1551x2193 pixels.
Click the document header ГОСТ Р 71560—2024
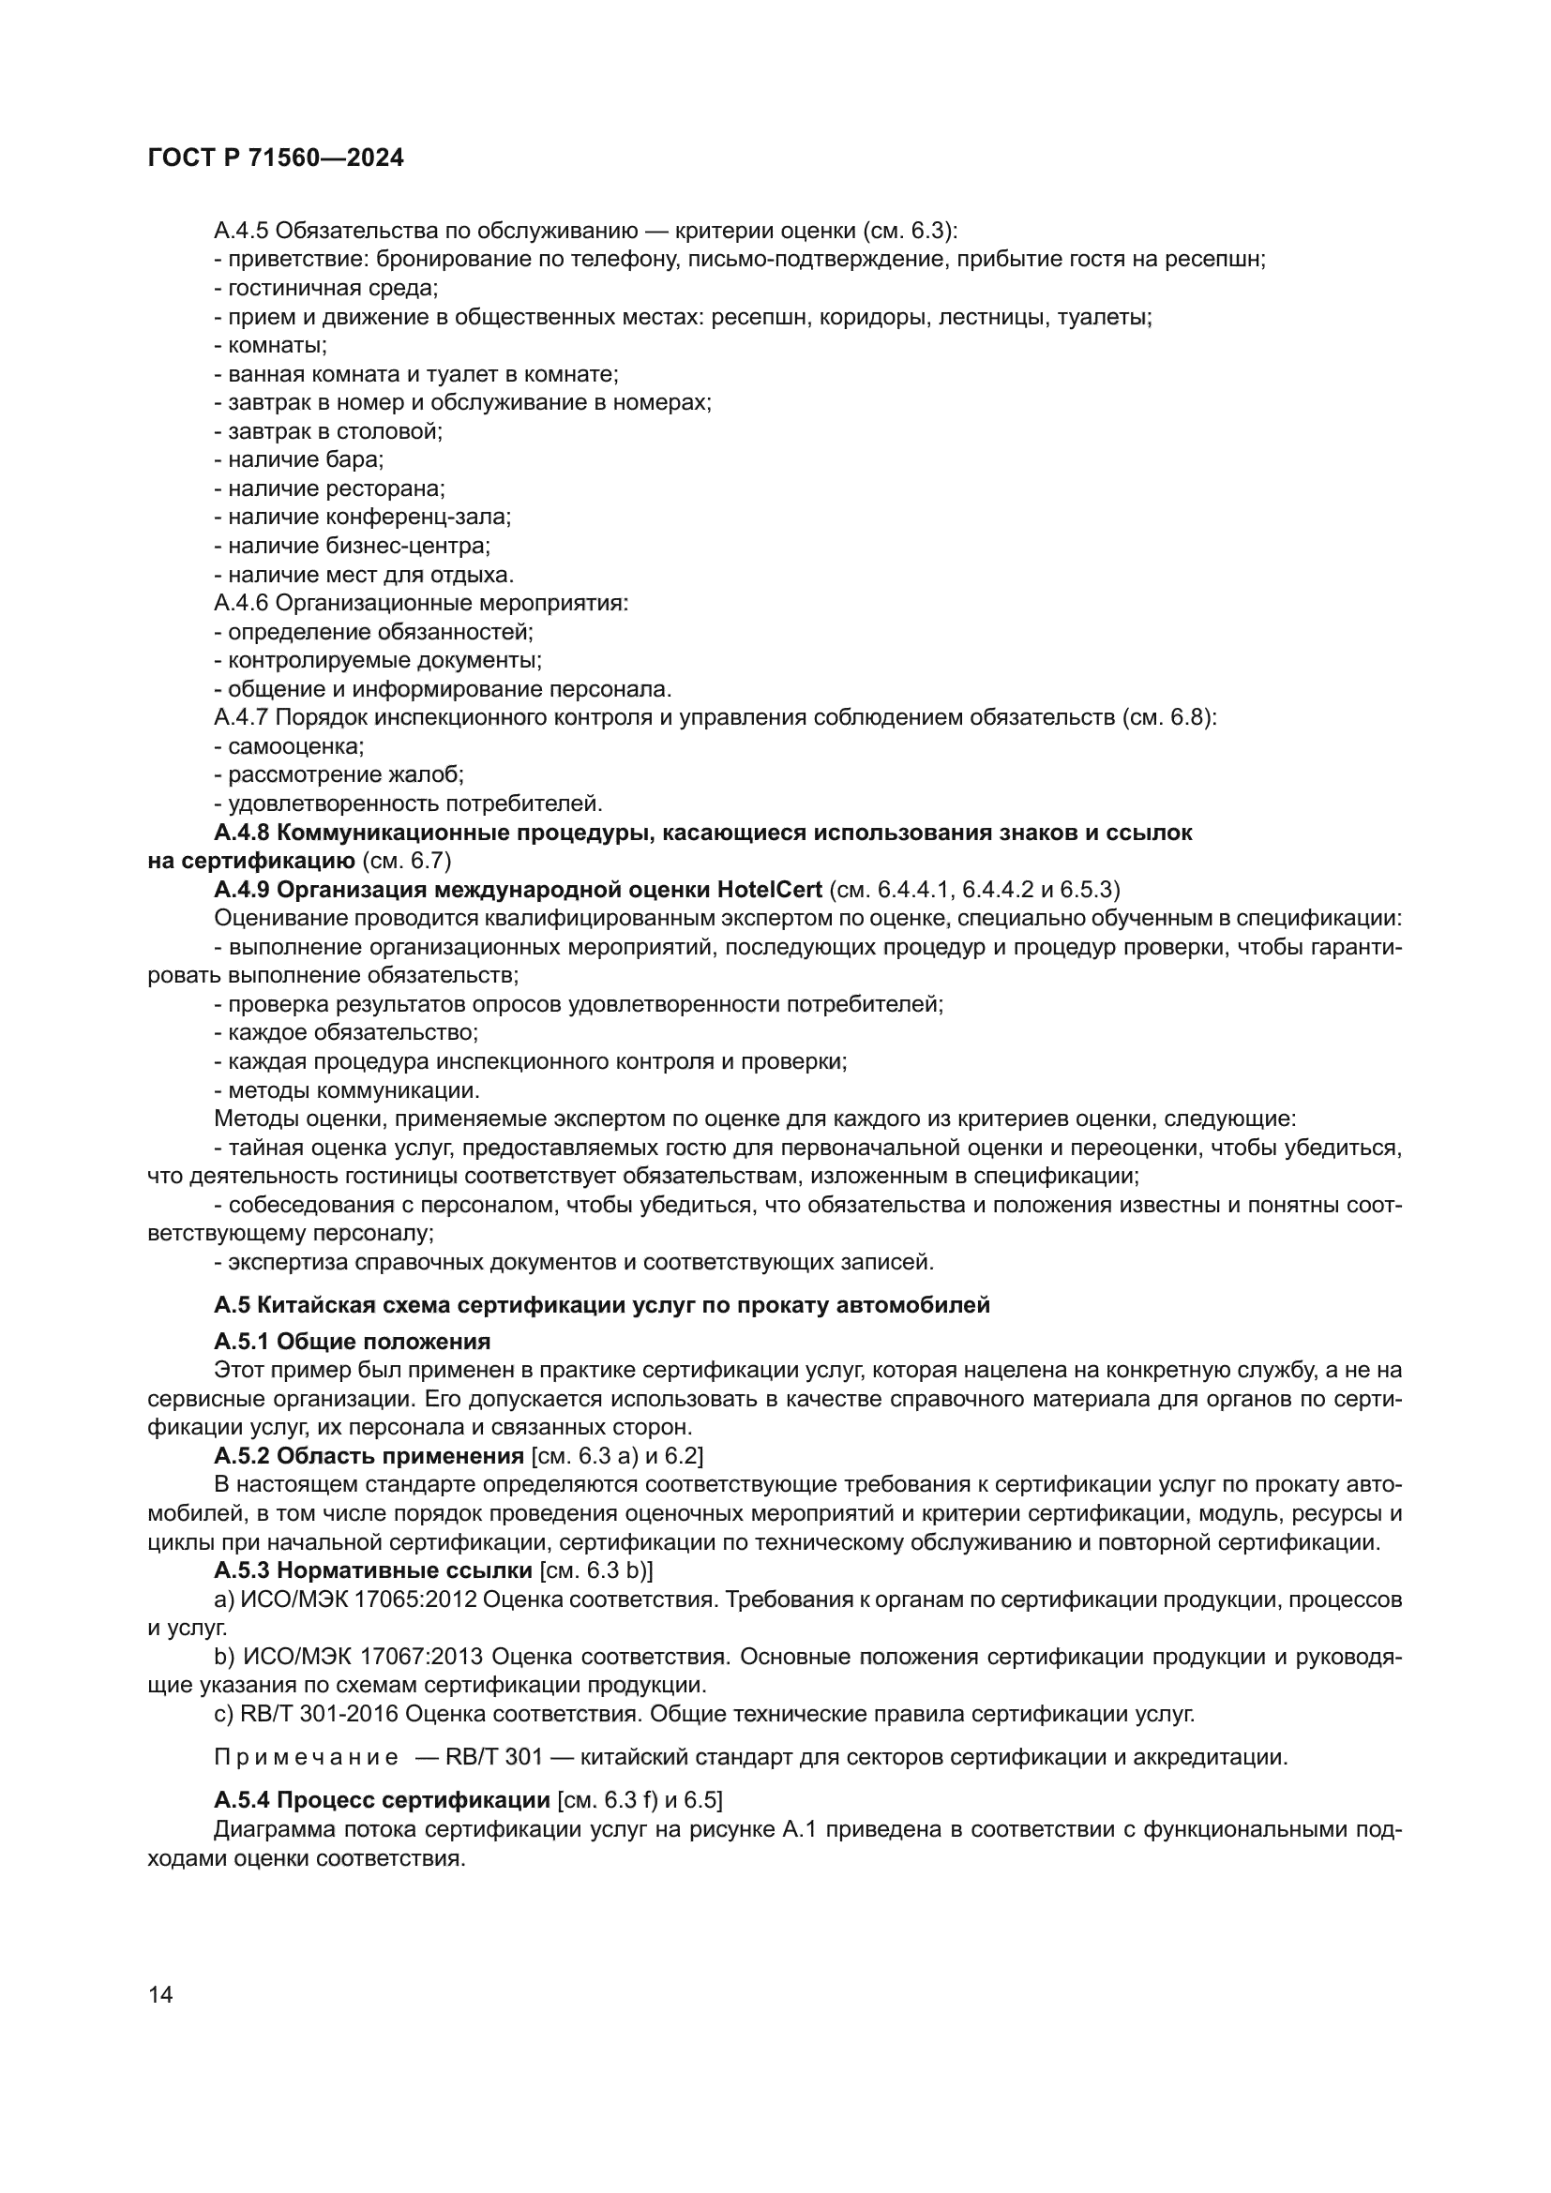tap(276, 158)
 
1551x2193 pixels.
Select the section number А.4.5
tap(242, 231)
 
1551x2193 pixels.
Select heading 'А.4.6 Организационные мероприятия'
tap(421, 603)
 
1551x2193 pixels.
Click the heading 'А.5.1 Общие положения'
tap(353, 1340)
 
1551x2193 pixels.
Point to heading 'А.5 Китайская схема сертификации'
tap(602, 1305)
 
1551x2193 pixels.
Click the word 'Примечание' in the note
tap(307, 1757)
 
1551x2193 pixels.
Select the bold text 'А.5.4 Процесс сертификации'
tap(382, 1801)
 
